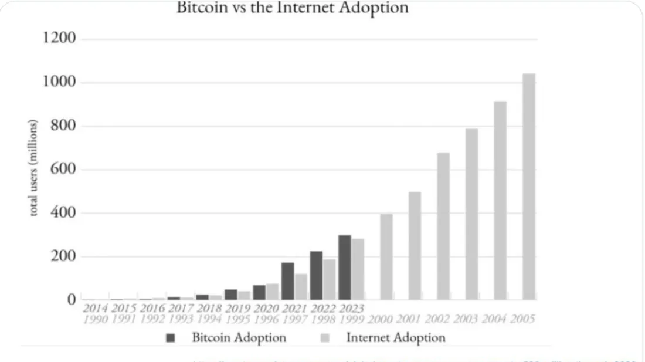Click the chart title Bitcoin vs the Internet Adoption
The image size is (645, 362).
[x=293, y=8]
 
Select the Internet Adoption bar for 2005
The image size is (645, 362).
[x=528, y=188]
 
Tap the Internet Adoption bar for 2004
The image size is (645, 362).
[x=500, y=202]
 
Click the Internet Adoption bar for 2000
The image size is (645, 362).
[x=386, y=258]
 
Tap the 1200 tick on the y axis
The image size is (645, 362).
[x=60, y=39]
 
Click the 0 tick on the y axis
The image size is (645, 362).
[x=72, y=300]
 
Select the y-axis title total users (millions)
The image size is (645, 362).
[x=33, y=168]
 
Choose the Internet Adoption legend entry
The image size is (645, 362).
[x=383, y=337]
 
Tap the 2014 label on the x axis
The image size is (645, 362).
[x=95, y=307]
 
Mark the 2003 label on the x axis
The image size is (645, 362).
[x=466, y=319]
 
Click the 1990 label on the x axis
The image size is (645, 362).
[x=95, y=319]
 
